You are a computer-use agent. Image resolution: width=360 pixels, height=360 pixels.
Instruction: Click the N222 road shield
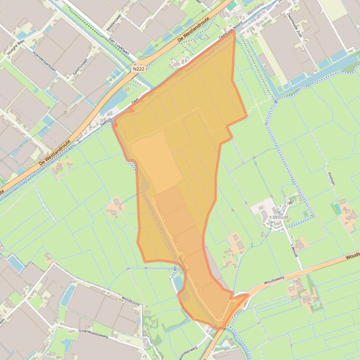[138, 69]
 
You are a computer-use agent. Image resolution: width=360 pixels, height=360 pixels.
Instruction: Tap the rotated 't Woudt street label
[294, 250]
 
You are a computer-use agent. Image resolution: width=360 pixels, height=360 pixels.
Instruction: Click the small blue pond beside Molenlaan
[178, 282]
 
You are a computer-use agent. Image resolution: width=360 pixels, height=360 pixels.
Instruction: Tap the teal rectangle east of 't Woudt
[338, 209]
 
